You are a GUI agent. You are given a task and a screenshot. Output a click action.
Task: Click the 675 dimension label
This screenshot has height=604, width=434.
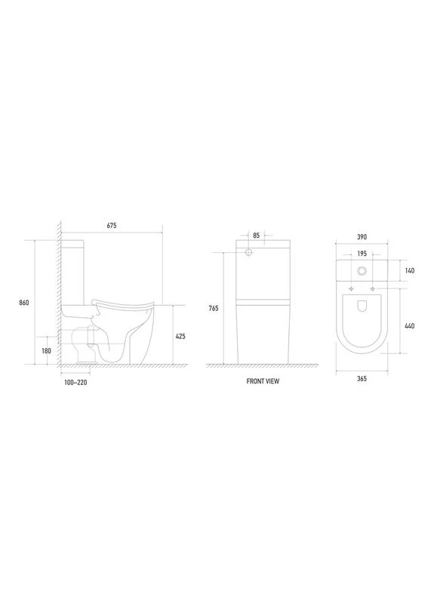(111, 225)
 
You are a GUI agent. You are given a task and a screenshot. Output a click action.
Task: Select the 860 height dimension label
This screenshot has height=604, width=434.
(24, 303)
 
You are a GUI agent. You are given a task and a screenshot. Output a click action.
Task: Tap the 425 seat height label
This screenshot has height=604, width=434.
(180, 336)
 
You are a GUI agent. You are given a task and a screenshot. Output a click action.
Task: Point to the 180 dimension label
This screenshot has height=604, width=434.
(46, 351)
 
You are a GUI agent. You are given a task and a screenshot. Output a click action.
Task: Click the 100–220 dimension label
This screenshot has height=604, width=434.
(75, 383)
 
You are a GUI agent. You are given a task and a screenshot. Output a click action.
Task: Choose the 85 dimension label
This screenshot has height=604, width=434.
(257, 236)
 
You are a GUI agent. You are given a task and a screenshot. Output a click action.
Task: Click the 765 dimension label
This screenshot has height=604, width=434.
(214, 308)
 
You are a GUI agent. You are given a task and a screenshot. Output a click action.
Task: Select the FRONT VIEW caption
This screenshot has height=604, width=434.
(263, 381)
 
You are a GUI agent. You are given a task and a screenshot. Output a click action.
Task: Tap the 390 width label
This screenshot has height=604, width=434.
(362, 237)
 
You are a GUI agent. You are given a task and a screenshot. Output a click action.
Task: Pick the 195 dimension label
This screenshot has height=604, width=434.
(362, 254)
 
